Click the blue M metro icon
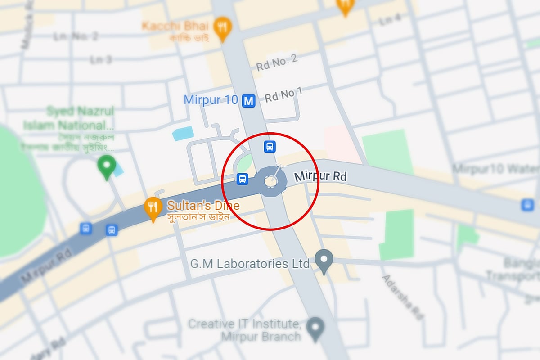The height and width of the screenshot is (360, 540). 248,101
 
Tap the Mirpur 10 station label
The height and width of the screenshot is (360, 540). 211,100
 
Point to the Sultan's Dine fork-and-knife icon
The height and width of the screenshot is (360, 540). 153,208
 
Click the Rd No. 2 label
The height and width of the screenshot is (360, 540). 277,63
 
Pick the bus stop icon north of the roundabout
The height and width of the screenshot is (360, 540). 270,147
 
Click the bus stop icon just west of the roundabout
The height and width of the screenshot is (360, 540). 242,180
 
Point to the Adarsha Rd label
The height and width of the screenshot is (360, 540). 402,297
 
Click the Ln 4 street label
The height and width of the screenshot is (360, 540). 390,19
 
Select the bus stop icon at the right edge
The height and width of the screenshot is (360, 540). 527,205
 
